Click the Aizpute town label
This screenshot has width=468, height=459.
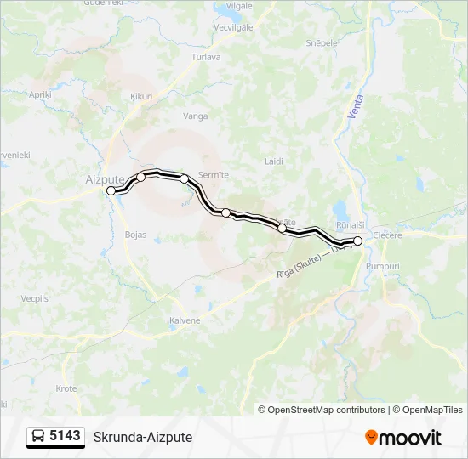105,179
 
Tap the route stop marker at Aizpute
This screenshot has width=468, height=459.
111,191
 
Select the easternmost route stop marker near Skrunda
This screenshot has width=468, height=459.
358,241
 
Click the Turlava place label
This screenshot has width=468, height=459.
207,57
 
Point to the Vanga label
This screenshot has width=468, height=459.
195,115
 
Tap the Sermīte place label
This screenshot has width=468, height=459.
213,175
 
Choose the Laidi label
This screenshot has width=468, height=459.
274,161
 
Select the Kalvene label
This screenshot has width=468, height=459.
185,320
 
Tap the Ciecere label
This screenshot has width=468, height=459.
387,235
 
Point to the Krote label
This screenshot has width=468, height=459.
66,388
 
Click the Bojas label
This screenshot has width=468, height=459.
135,234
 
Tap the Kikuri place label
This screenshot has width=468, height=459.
141,97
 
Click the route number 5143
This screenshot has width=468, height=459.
66,436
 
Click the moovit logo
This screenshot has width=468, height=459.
403,438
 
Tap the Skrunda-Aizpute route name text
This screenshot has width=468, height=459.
143,437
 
